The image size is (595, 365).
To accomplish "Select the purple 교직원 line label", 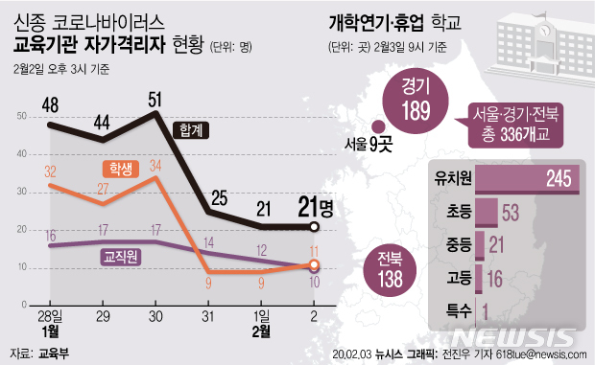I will (x=121, y=257).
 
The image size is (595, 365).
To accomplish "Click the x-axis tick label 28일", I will (x=48, y=315).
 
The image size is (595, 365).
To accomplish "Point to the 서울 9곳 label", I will (x=372, y=144).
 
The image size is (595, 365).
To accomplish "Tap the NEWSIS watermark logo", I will (x=518, y=337).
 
